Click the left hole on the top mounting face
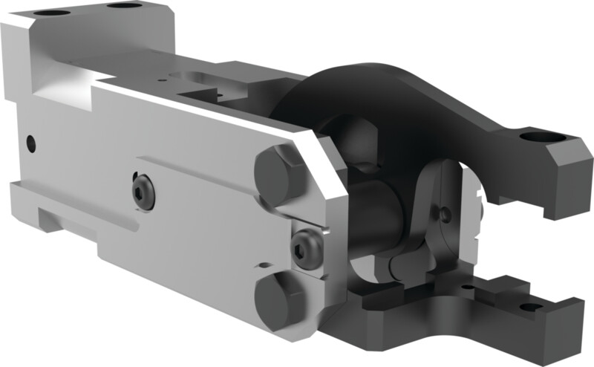51,13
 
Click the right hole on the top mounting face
122,6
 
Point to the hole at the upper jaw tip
536,137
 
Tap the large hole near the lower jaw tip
531,307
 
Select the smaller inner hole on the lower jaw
468,287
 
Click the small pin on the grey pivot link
445,214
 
